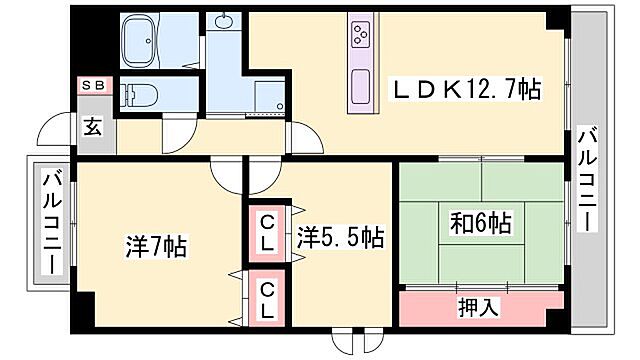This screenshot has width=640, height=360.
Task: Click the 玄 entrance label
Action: click(x=92, y=128)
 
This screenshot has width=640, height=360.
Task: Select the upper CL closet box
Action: click(x=268, y=233)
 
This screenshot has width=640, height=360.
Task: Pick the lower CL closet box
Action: click(x=268, y=299)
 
